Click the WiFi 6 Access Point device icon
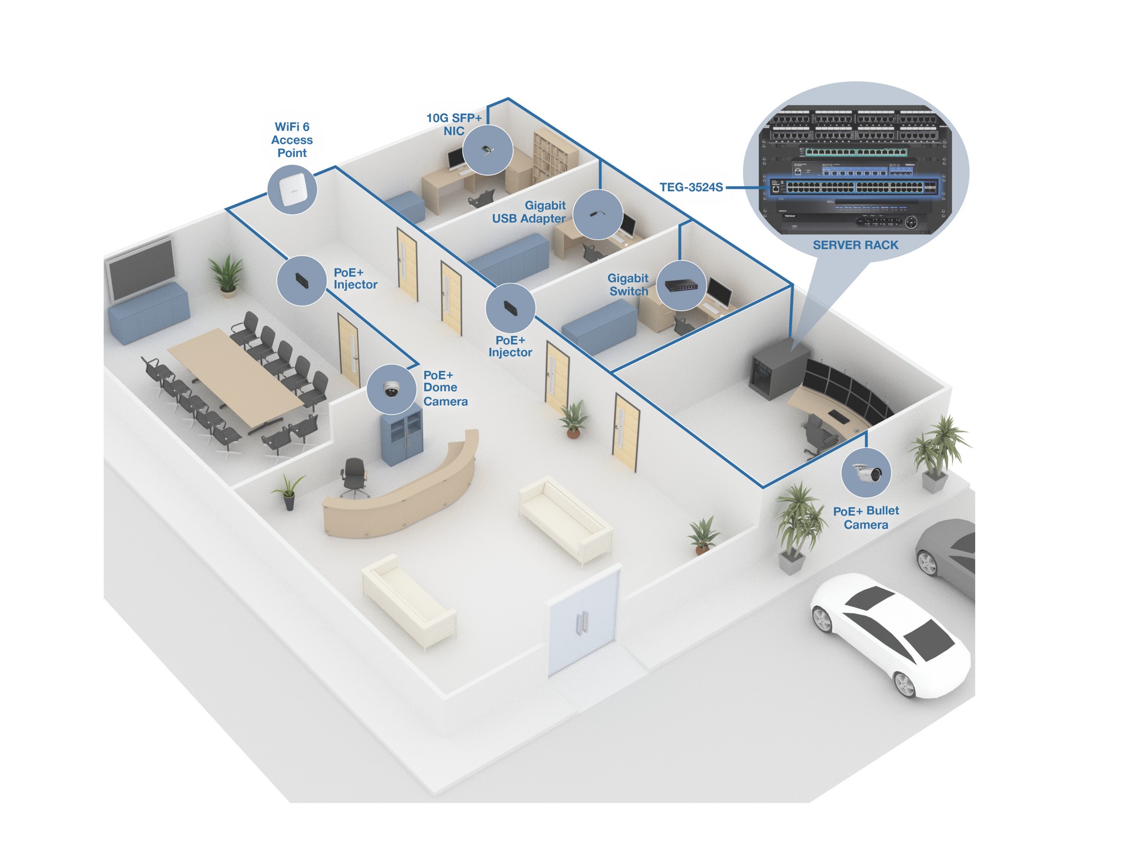pos(292,190)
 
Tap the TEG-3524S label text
pos(691,187)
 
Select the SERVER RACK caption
pos(855,245)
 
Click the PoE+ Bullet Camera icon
pos(866,473)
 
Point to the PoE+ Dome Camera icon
pos(392,389)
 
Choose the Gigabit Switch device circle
pos(682,286)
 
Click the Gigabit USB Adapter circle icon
pos(598,215)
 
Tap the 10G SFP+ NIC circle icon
pos(487,150)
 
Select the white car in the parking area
pos(890,635)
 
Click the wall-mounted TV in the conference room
pos(142,269)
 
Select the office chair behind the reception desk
pos(354,477)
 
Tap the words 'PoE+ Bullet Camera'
pos(866,518)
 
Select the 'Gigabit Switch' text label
pos(628,285)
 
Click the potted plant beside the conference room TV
pos(227,276)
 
